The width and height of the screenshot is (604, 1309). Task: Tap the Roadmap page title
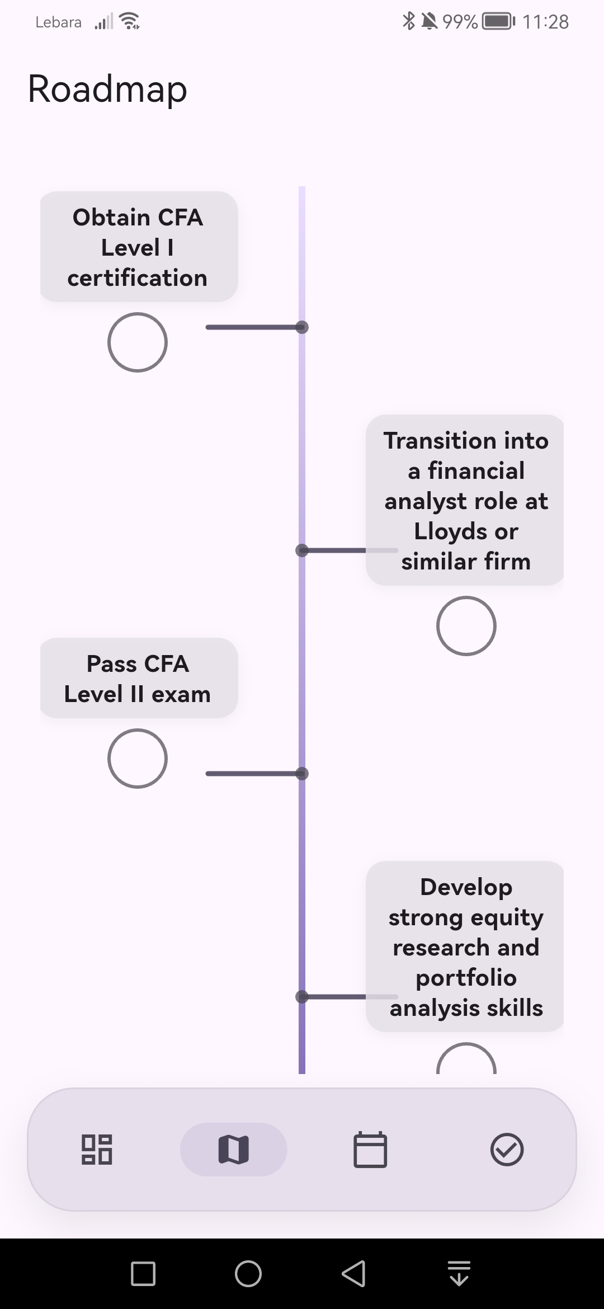click(107, 90)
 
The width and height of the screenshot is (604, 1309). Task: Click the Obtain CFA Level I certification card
click(138, 247)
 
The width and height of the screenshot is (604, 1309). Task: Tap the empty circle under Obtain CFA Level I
click(138, 342)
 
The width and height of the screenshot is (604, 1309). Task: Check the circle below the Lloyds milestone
click(466, 626)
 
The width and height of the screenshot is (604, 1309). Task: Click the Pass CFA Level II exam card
click(138, 678)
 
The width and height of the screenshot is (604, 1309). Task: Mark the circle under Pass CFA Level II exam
click(138, 759)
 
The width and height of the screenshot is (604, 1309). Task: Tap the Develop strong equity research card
click(465, 947)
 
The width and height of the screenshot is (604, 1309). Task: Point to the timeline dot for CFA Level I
click(302, 327)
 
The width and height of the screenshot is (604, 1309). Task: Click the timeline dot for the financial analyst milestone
click(302, 550)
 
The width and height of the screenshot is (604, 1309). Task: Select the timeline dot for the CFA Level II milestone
click(302, 774)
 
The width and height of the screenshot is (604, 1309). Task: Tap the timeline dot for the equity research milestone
click(302, 997)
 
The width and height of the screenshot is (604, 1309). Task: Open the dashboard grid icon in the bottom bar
click(97, 1150)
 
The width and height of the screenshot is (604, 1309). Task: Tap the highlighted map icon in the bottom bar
click(233, 1150)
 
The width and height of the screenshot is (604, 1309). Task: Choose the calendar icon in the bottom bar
click(370, 1150)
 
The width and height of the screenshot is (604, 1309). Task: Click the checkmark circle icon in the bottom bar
click(507, 1150)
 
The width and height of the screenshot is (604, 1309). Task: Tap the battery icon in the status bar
click(498, 22)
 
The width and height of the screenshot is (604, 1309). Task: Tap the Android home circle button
click(248, 1274)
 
